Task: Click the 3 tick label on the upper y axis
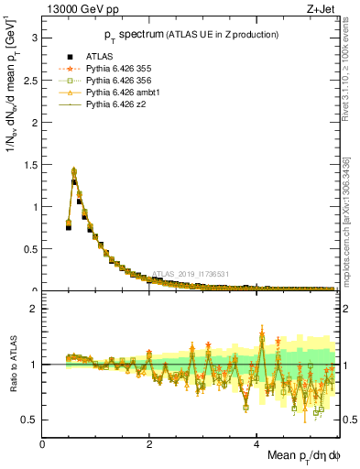point(35,38)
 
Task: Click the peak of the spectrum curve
point(73,170)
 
